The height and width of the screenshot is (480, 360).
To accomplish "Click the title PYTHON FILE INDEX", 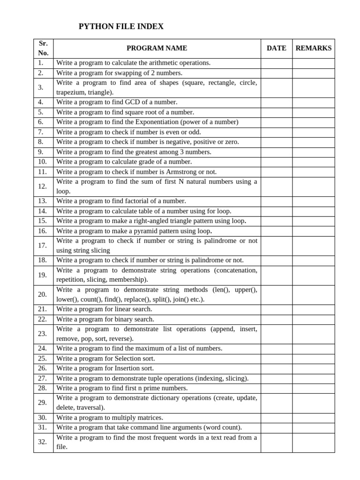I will pos(121,27).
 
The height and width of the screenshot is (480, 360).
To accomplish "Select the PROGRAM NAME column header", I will pos(157,48).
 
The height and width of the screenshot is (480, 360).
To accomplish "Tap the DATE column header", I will pos(276,48).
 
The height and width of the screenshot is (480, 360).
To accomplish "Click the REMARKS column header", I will pos(313,48).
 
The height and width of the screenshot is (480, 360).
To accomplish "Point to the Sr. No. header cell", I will pos(44,48).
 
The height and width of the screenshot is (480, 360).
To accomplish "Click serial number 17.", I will pos(43,246).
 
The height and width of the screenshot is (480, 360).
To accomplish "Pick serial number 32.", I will pos(43,442).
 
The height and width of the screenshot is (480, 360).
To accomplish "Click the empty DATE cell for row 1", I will pos(276,63).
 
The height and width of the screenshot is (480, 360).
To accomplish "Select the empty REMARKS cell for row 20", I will pos(313,295).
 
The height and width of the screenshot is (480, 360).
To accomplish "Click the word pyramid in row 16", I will pos(141,231).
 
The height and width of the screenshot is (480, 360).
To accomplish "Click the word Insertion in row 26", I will pos(127,368).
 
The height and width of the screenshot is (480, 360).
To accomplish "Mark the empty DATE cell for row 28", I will pos(276,388).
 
